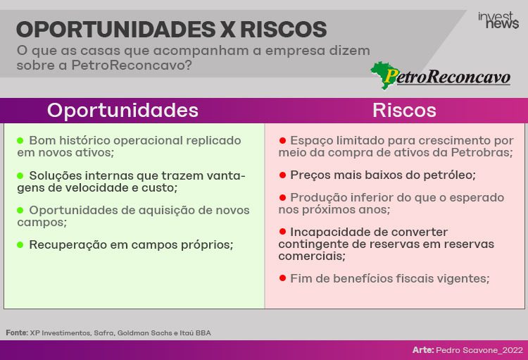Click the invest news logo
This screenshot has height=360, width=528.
[498, 20]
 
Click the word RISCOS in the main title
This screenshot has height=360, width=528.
[283, 30]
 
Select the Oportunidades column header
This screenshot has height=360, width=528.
[122, 110]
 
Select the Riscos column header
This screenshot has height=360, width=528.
[404, 110]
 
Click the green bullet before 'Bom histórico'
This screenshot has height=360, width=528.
[20, 140]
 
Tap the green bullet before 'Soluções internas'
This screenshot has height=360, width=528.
[20, 175]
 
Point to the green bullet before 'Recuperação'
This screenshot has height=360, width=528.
[20, 244]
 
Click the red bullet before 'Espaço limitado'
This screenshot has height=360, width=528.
[282, 140]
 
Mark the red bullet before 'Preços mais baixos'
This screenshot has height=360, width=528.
[282, 175]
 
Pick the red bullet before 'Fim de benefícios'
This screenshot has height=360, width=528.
[282, 278]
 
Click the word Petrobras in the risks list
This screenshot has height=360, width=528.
[482, 152]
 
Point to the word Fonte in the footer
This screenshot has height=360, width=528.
[17, 333]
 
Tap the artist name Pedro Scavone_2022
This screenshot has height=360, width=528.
[479, 350]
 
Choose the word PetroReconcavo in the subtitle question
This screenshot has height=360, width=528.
[132, 65]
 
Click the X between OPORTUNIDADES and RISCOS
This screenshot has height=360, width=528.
[227, 30]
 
